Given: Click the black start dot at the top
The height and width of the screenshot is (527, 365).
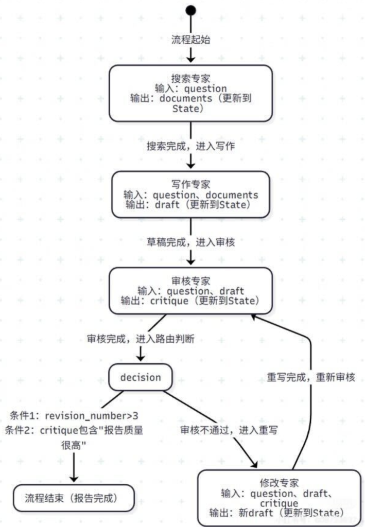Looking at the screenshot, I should (x=191, y=10).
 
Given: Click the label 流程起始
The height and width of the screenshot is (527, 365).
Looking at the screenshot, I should (x=191, y=40).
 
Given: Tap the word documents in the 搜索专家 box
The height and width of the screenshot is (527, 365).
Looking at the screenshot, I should (x=186, y=99).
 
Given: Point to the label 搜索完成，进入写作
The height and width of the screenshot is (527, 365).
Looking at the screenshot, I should (x=191, y=146).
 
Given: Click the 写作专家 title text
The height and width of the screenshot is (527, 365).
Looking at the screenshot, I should (x=191, y=185).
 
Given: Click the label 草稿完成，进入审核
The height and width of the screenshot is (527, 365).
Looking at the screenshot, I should (x=191, y=241).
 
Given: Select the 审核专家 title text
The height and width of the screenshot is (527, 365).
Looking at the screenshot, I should (x=191, y=281).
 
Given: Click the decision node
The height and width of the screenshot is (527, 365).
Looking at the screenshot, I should (x=141, y=377).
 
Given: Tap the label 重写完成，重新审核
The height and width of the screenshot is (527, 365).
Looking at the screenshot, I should (x=311, y=377).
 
